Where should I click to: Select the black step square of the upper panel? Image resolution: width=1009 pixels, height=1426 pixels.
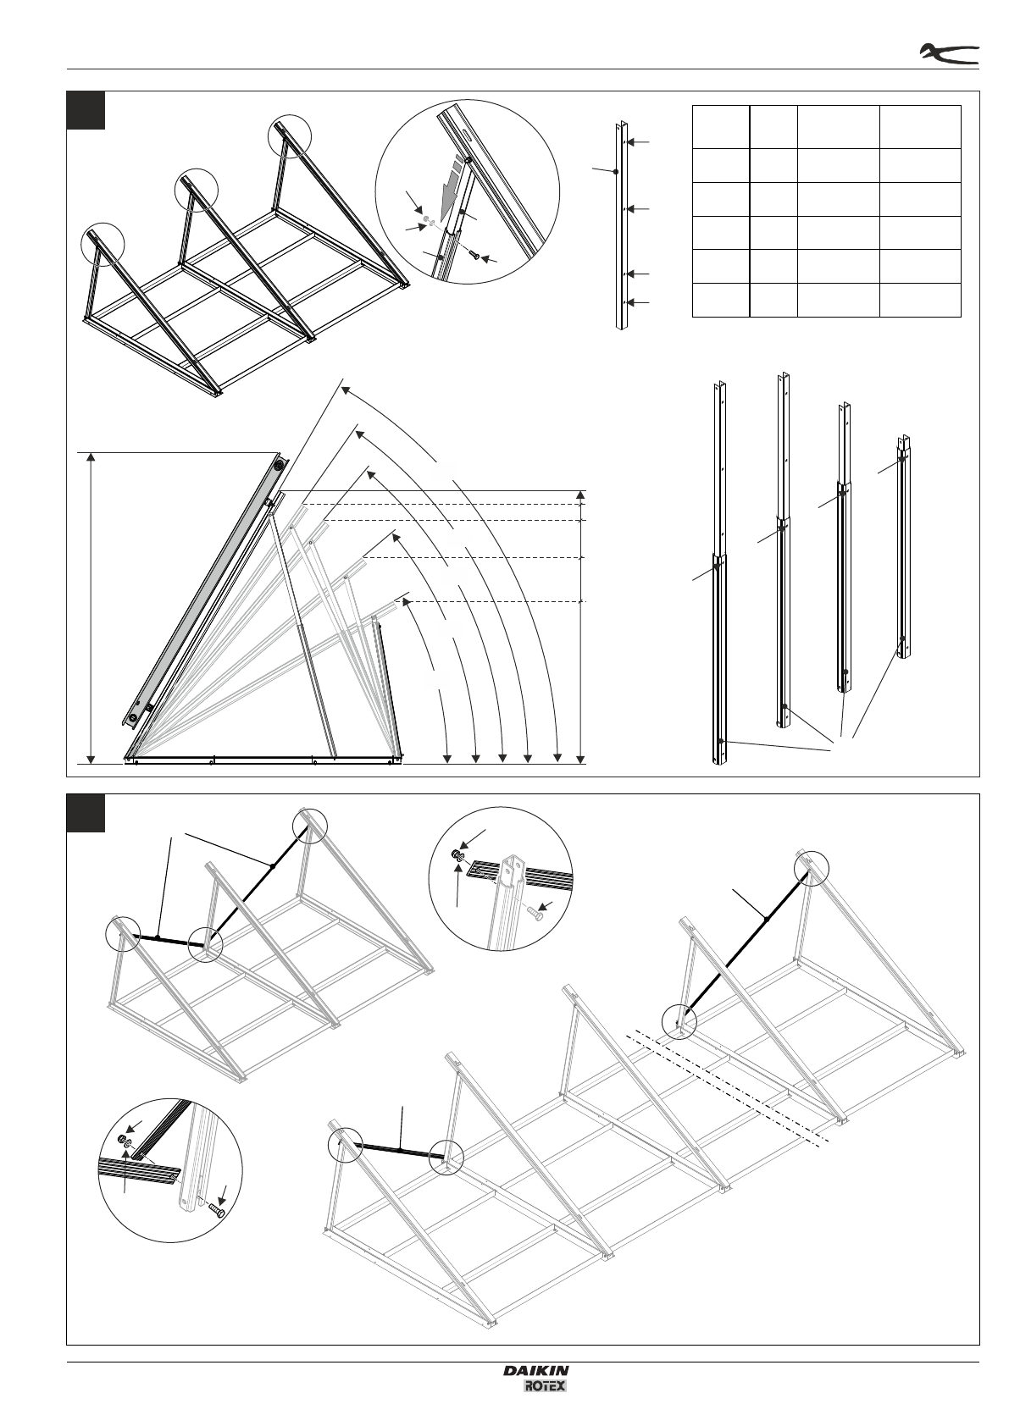click(86, 110)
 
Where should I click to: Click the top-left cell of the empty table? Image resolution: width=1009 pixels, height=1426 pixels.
click(721, 127)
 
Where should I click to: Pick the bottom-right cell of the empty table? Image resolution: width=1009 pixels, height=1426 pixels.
click(920, 300)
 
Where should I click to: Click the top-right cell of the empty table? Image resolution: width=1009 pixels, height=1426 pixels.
click(920, 127)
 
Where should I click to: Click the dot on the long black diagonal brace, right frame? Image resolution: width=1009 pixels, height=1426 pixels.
click(765, 917)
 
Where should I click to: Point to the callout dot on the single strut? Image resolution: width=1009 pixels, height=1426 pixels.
click(615, 171)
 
